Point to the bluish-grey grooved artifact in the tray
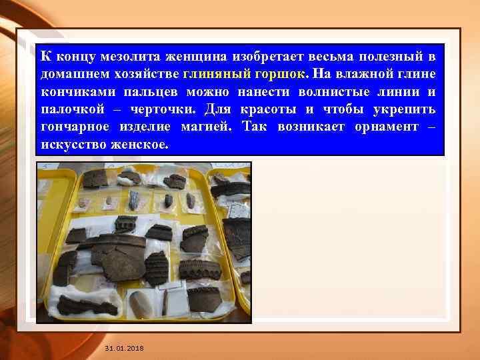click(135, 200)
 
